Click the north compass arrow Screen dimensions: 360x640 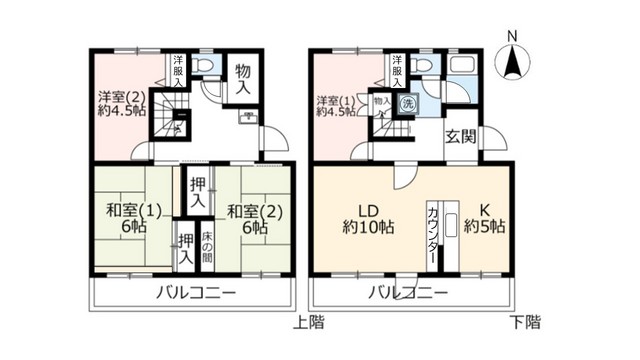pos(513,61)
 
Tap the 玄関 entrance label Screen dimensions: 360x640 pos(459,136)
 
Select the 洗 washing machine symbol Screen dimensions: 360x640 pos(408,102)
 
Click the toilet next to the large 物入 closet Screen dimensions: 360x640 pos(205,67)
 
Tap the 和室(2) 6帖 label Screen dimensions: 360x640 pos(245,219)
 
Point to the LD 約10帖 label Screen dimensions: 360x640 pos(367,218)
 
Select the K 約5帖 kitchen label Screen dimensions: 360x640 pos(484,218)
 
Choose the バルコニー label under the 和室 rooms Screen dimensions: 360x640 pos(195,293)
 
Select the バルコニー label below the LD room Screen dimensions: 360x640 pos(405,293)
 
